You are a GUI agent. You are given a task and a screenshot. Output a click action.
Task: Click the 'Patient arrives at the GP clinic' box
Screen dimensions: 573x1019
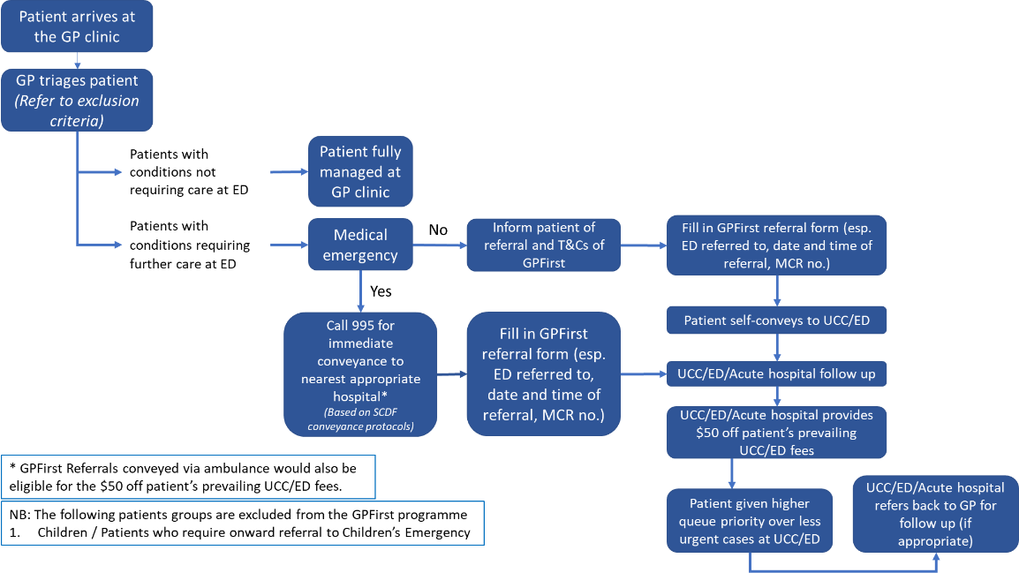point(78,27)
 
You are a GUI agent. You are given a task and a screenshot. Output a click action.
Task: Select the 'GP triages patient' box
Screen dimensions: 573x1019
point(78,100)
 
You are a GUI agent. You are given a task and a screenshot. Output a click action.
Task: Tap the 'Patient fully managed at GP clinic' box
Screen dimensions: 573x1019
point(360,171)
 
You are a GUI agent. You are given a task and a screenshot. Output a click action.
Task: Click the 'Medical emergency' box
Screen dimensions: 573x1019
point(360,245)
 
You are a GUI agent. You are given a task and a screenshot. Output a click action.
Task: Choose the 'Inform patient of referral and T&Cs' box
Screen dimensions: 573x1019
point(544,245)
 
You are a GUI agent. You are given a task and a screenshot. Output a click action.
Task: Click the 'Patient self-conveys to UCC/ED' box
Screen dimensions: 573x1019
point(776,320)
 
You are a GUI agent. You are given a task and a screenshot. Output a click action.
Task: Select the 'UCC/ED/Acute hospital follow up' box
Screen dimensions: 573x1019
point(776,374)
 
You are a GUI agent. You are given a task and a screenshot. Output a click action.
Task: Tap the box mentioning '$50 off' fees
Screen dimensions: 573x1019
point(776,433)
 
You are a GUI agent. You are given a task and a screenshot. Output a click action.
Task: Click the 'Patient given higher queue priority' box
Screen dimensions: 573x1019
point(750,520)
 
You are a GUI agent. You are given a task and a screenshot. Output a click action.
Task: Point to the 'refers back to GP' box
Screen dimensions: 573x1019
point(933,513)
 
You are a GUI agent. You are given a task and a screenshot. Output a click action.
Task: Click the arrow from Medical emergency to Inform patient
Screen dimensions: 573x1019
point(439,245)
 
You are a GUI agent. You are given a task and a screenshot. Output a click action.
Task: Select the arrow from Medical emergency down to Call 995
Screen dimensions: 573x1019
point(360,291)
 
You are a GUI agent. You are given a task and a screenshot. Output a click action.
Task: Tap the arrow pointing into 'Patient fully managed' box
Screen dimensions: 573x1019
point(287,172)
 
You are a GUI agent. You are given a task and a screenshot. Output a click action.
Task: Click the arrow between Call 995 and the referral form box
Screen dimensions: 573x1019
point(451,374)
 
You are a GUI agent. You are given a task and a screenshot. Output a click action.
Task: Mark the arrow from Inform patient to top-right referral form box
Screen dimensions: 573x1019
point(644,245)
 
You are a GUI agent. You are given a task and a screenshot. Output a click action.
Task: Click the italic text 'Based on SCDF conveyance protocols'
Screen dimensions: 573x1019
point(359,419)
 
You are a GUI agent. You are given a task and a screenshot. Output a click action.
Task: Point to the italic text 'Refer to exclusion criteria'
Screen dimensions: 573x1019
point(78,110)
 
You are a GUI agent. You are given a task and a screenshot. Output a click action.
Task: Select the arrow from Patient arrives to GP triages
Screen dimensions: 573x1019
point(78,60)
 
